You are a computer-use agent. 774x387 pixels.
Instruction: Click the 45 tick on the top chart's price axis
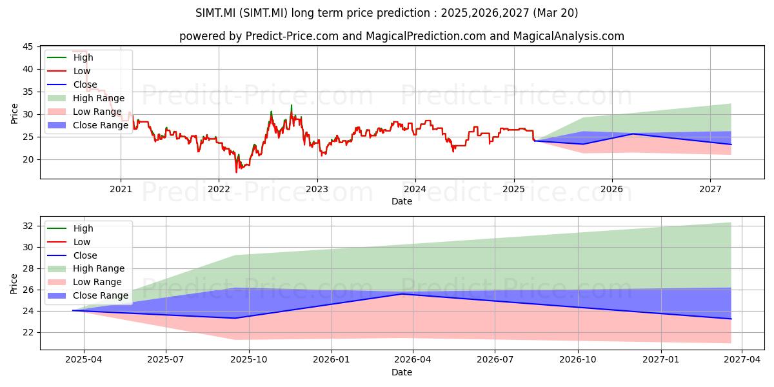[x=28, y=46]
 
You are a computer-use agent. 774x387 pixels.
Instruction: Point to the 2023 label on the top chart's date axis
[x=317, y=190]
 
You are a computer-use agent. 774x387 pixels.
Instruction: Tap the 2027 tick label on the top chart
[x=710, y=190]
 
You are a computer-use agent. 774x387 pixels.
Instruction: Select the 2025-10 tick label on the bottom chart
[x=249, y=360]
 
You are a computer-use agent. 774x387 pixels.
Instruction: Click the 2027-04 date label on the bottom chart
[x=742, y=360]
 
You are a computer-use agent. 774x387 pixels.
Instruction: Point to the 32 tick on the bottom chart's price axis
[x=28, y=226]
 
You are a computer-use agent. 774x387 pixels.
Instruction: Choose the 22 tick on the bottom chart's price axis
[x=28, y=332]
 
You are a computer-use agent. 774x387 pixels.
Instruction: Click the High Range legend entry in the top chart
[x=86, y=98]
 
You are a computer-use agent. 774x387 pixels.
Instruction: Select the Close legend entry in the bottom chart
[x=72, y=255]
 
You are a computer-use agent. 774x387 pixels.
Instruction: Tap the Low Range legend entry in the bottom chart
[x=84, y=282]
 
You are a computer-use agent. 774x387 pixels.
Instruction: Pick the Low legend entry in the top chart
[x=68, y=71]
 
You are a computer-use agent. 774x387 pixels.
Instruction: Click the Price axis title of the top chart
[x=14, y=114]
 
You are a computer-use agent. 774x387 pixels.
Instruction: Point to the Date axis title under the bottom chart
[x=401, y=372]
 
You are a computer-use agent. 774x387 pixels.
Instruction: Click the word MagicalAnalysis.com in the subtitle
[x=568, y=36]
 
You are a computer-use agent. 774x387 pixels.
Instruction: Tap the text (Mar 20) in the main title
[x=555, y=13]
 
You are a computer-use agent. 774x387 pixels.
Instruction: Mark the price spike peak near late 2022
[x=292, y=105]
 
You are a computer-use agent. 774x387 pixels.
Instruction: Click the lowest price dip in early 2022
[x=236, y=172]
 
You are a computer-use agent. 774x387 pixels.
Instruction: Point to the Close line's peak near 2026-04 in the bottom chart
[x=401, y=294]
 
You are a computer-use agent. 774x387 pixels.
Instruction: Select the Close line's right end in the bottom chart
[x=731, y=319]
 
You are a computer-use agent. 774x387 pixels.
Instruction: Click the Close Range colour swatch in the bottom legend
[x=56, y=295]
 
